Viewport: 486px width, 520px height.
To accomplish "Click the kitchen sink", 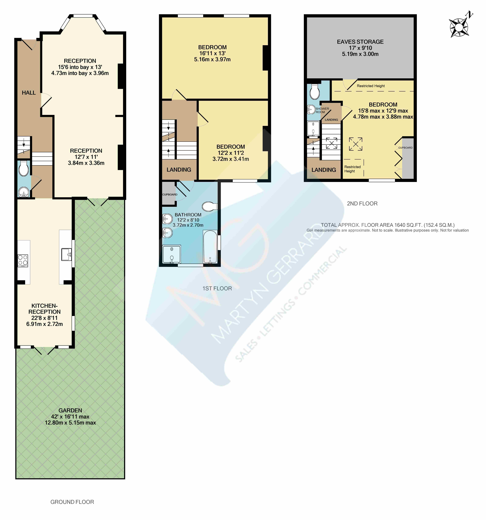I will click(x=66, y=254).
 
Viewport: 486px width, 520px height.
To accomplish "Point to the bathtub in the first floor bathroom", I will click(x=210, y=246).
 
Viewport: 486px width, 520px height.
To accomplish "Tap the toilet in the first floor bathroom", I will click(x=210, y=206).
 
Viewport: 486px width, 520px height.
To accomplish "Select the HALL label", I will click(x=29, y=93).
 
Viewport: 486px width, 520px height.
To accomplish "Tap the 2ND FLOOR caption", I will click(x=362, y=204).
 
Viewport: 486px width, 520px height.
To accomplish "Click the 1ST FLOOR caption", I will click(x=217, y=288).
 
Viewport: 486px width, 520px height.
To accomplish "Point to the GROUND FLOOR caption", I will click(x=72, y=502).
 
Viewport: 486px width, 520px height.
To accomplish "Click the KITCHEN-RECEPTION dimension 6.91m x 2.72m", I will click(x=44, y=324).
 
